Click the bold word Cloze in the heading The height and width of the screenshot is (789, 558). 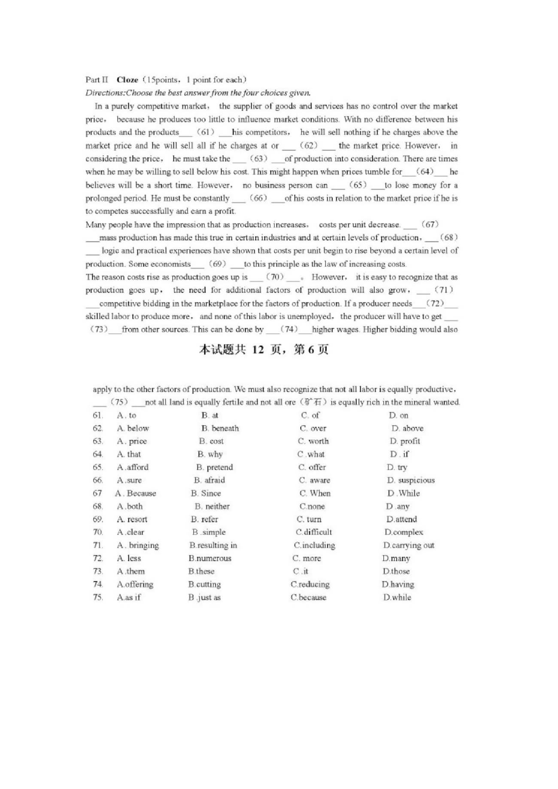coord(127,80)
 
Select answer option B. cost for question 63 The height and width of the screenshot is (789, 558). coord(211,441)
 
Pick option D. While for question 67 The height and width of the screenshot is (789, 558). coord(403,493)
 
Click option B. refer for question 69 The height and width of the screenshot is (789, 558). coord(204,519)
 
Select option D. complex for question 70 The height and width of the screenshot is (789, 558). coord(403,532)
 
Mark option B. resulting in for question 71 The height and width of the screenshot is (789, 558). coord(213,545)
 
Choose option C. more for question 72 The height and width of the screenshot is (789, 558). coord(306,558)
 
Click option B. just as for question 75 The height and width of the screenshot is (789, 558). coord(204,597)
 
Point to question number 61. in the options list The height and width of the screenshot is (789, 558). coord(98,415)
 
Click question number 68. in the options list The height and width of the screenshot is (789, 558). coord(98,506)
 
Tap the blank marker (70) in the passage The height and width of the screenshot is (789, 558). coord(275,277)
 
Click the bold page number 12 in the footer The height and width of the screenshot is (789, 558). coord(258,350)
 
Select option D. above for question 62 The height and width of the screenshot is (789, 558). coord(407,428)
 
